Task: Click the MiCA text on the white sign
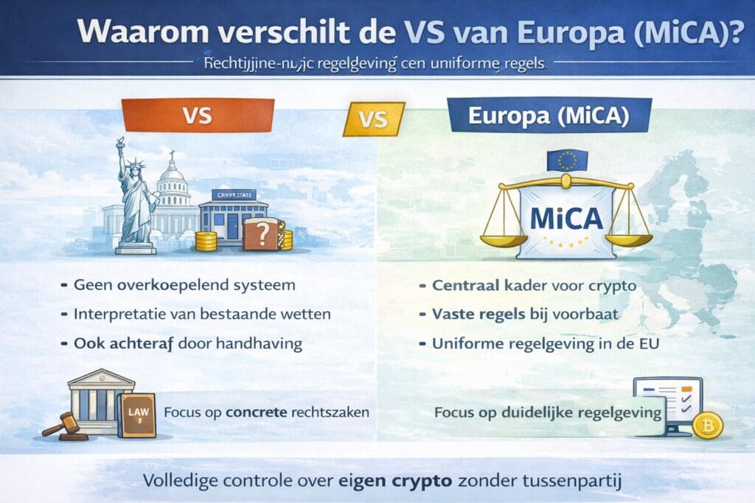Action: (x=566, y=217)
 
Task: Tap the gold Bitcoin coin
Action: (x=708, y=425)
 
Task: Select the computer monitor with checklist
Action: (x=668, y=402)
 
